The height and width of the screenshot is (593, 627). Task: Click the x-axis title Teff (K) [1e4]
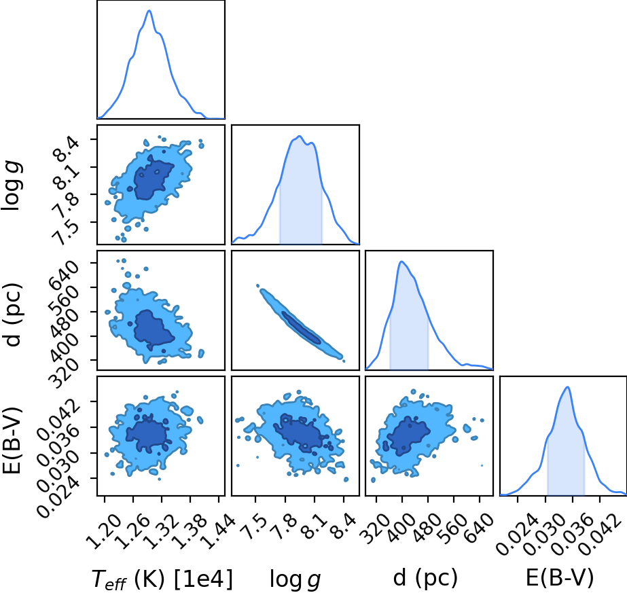click(162, 579)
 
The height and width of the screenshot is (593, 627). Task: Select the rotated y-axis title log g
click(13, 185)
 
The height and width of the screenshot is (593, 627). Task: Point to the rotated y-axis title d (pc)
click(13, 315)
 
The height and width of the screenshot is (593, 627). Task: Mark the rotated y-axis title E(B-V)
click(12, 441)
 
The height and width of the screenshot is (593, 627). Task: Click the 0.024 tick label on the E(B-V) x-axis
click(514, 535)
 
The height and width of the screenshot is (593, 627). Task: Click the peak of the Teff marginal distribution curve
click(149, 10)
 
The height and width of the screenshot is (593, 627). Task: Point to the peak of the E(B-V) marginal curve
click(567, 387)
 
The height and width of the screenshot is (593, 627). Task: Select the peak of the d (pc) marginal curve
click(402, 262)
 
